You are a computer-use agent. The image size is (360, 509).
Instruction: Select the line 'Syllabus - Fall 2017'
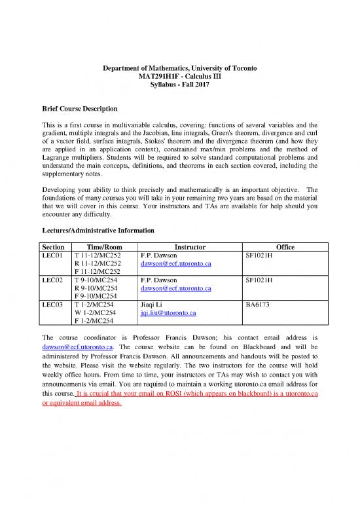[x=179, y=86]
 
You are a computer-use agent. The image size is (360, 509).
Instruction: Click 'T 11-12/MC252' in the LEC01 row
[x=98, y=255]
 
